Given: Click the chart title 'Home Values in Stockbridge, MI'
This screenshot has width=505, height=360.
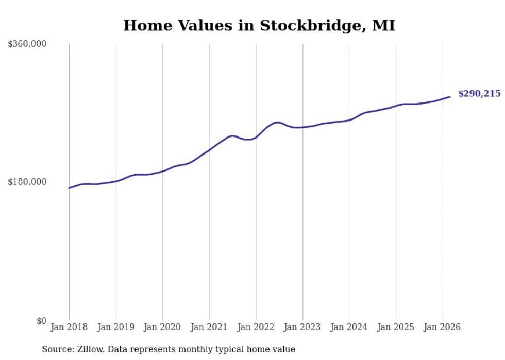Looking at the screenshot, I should pos(259,26).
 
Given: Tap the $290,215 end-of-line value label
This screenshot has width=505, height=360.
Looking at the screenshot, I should pos(479,94).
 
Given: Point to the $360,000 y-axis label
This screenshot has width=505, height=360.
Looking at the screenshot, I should pos(27,44).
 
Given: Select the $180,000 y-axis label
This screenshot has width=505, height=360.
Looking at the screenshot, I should pos(27,182).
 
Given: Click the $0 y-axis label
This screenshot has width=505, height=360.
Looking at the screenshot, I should pos(41,321).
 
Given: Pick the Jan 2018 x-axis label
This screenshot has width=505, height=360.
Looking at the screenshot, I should pos(69,327).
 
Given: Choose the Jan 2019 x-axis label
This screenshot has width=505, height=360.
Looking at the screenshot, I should pos(116,327).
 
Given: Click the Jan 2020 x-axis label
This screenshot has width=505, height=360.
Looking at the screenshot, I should pos(162,327).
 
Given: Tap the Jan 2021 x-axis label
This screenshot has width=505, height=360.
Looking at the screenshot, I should pos(209,327).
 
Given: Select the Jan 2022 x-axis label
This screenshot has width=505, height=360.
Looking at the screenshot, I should pos(256,327).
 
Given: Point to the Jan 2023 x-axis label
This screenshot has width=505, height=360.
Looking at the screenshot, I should pos(302,327).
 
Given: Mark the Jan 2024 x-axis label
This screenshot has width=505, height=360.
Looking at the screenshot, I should pos(349,327).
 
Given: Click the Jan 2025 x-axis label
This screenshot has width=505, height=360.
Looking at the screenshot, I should pos(396,327).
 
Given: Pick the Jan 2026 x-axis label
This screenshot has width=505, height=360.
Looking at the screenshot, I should pos(442,327).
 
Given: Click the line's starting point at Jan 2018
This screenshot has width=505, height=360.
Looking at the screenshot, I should pos(69,188).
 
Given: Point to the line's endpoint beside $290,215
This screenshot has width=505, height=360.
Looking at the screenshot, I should pos(450,97).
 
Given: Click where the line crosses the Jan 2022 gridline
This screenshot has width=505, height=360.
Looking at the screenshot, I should pos(256,138).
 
